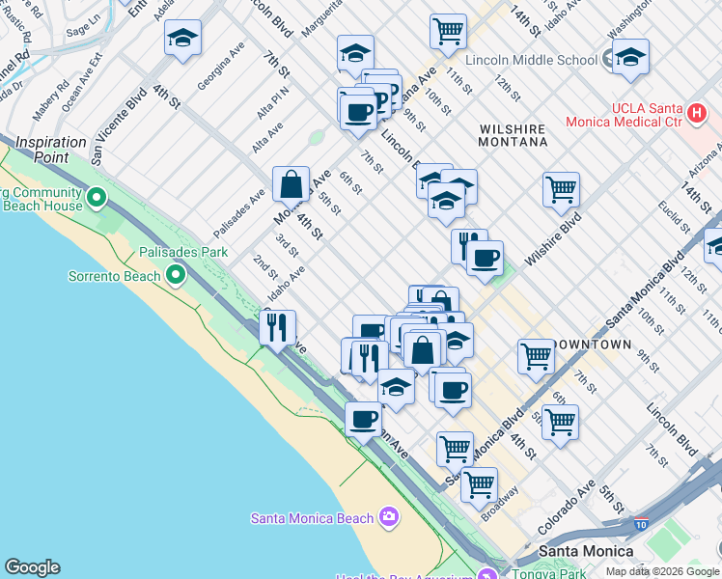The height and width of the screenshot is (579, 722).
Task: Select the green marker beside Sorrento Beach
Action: (x=175, y=276)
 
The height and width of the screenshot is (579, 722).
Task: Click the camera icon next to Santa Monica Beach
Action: (x=388, y=517)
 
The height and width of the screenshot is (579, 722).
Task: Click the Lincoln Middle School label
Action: (x=531, y=60)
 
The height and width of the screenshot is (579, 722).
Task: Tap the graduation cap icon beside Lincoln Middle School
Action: (x=630, y=59)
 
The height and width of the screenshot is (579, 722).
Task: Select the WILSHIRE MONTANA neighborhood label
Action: (x=512, y=135)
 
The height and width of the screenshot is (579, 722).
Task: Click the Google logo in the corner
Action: (x=32, y=567)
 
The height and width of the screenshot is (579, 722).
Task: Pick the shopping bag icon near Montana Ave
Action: (x=291, y=183)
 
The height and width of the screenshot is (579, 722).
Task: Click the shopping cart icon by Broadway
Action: (x=479, y=484)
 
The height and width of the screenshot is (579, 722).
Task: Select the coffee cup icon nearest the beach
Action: (x=363, y=420)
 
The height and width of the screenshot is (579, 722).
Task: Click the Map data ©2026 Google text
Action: (x=661, y=571)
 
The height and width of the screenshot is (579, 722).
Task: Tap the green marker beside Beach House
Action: (x=96, y=199)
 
